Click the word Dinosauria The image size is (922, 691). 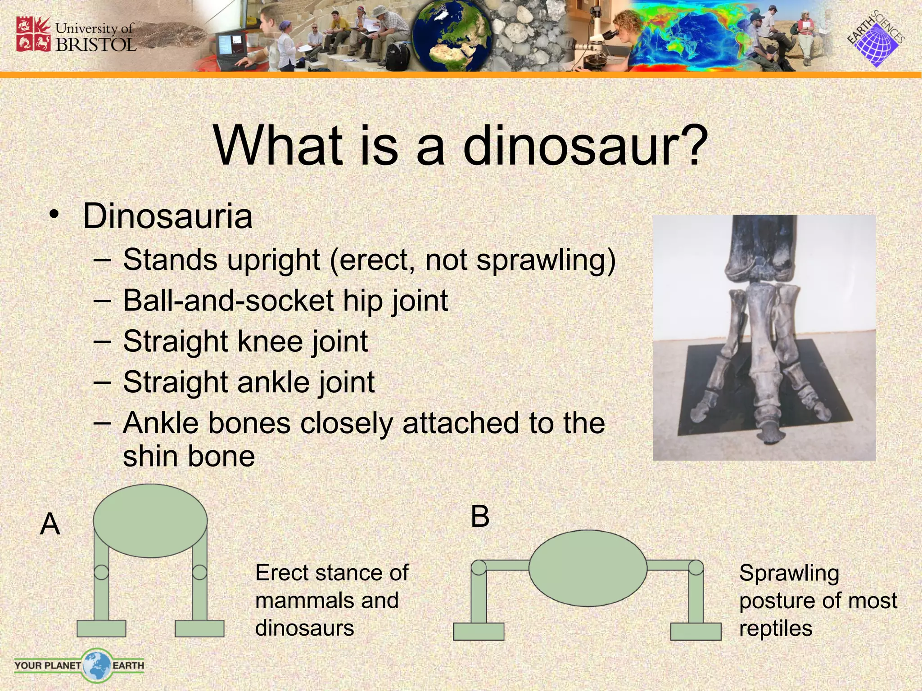[x=167, y=216]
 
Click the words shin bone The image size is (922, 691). [x=189, y=456]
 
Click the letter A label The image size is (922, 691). [x=50, y=524]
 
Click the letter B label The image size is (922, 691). [x=480, y=516]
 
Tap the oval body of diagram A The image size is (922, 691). [x=150, y=520]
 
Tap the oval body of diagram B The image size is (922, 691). [x=588, y=568]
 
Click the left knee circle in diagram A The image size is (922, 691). [x=101, y=572]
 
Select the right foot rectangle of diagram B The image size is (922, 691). [x=696, y=631]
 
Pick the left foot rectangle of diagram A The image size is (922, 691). [x=101, y=628]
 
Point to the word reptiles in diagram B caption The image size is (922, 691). [x=775, y=628]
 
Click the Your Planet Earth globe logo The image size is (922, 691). [x=96, y=665]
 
